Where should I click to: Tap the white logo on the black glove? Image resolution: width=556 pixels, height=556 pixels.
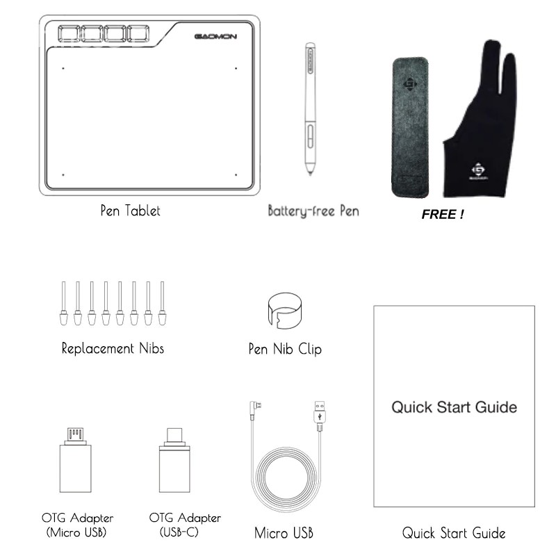point(478,171)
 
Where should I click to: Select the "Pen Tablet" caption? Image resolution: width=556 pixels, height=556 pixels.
point(130,211)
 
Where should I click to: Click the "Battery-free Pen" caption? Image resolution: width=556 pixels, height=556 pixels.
point(313,211)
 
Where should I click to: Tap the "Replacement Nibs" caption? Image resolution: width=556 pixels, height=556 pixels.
point(113,348)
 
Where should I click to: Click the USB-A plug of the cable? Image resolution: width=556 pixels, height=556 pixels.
point(320,413)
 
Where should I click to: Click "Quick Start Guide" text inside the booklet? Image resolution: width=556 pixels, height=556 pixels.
point(454,407)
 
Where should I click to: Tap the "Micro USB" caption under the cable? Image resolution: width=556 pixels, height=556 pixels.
point(284,534)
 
